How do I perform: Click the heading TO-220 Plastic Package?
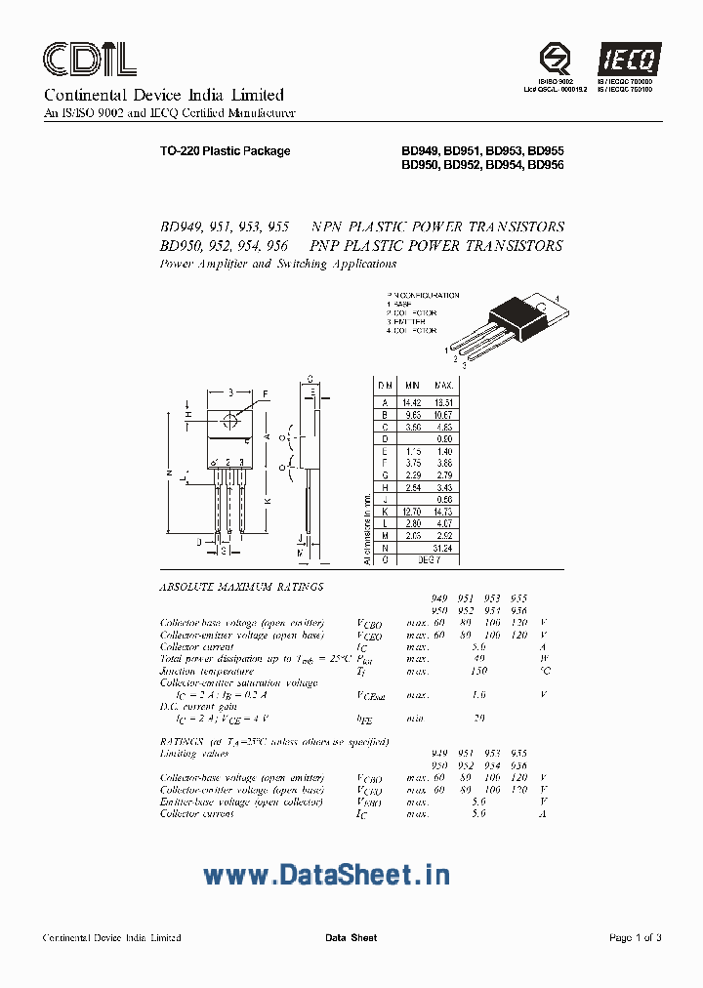pyautogui.click(x=225, y=151)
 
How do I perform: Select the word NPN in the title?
pyautogui.click(x=328, y=226)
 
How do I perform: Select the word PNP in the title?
pyautogui.click(x=328, y=246)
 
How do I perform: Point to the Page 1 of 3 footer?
pyautogui.click(x=635, y=937)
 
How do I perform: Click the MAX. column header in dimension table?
pyautogui.click(x=444, y=387)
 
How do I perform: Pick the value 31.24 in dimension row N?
pyautogui.click(x=444, y=548)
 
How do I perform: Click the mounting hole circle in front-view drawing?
pyautogui.click(x=230, y=421)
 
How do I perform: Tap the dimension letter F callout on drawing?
pyautogui.click(x=266, y=395)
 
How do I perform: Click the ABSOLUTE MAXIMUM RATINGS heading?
pyautogui.click(x=240, y=587)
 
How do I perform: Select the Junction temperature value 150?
pyautogui.click(x=477, y=671)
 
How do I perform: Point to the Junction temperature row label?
pyautogui.click(x=206, y=671)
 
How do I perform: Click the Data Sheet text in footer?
pyautogui.click(x=351, y=937)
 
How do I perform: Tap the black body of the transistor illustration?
pyautogui.click(x=514, y=313)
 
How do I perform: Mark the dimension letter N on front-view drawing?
pyautogui.click(x=169, y=473)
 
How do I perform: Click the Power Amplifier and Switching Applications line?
pyautogui.click(x=277, y=264)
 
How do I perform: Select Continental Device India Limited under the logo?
pyautogui.click(x=163, y=95)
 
